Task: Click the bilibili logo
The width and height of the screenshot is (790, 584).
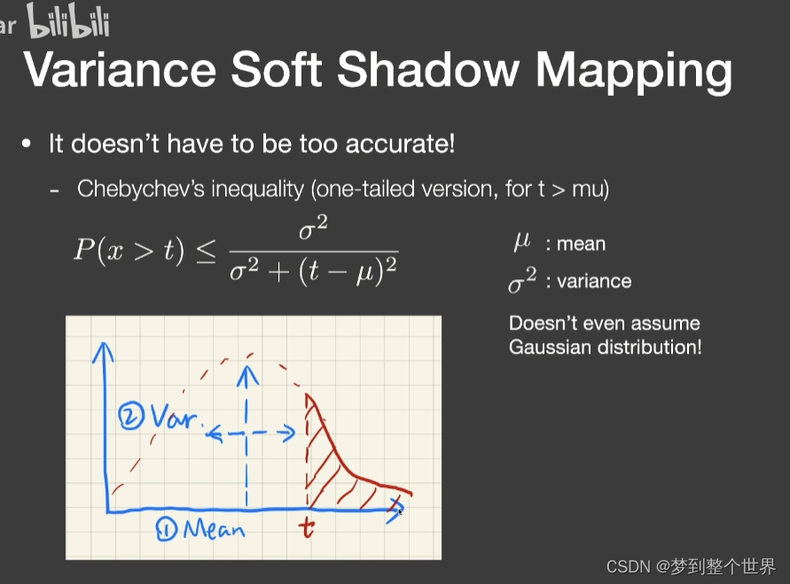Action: (68, 21)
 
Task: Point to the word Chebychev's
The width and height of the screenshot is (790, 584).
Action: (131, 189)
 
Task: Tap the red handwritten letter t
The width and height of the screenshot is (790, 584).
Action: (307, 530)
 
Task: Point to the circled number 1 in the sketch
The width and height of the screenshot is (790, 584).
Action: (165, 530)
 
